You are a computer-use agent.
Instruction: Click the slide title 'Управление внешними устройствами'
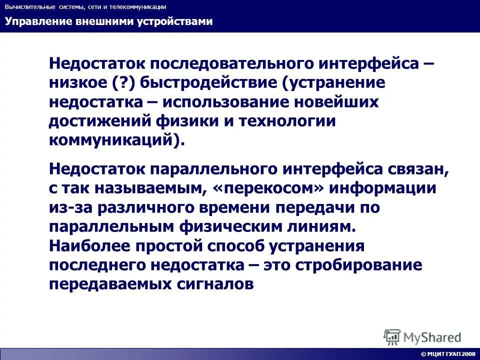tap(108, 21)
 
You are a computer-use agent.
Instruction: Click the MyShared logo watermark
tap(422, 336)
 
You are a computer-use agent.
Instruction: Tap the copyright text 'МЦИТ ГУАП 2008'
tap(448, 354)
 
